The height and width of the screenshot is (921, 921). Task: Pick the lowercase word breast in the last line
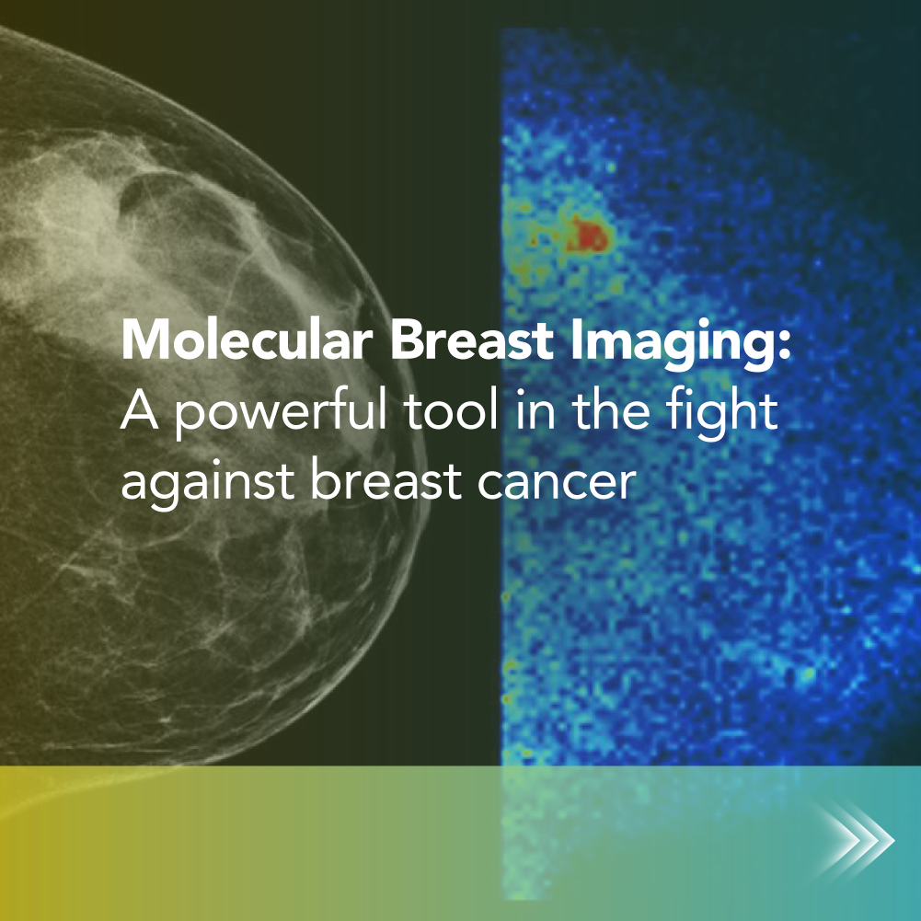click(386, 479)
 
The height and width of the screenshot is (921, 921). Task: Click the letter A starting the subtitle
click(139, 410)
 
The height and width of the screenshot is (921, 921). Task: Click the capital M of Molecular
click(144, 340)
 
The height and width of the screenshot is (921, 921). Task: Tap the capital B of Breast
click(405, 340)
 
